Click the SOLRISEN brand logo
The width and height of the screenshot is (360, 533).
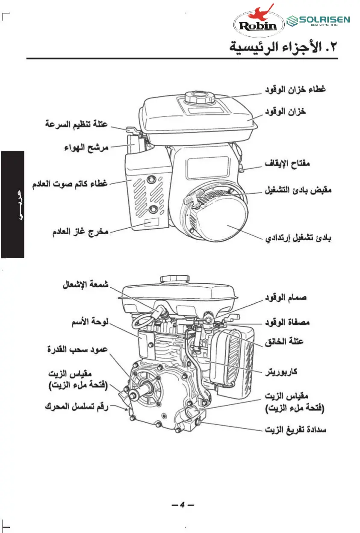318,21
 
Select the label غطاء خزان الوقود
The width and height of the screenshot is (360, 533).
295,90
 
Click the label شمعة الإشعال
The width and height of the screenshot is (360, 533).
85,284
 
